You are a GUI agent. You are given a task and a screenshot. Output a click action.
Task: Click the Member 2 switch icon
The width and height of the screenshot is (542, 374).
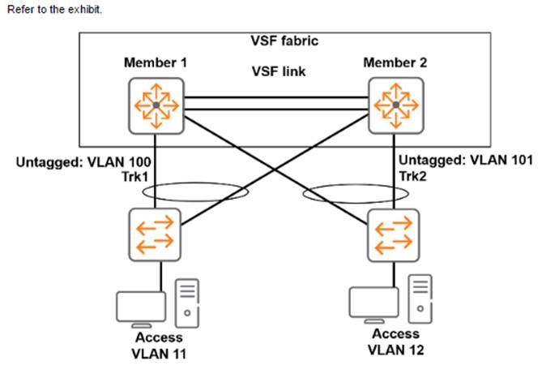[x=395, y=105]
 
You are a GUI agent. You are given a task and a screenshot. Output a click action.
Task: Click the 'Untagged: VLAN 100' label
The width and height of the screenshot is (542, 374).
[x=71, y=163]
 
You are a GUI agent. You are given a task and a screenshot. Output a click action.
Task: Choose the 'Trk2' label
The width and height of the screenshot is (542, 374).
[x=413, y=175]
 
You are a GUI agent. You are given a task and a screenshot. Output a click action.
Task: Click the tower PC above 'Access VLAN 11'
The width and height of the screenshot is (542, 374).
[x=186, y=301]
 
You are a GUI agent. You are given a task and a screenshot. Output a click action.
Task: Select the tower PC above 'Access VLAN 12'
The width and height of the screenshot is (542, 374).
[x=420, y=298]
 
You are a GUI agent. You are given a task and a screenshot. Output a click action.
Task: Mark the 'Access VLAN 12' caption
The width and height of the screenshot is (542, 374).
[x=396, y=342]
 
